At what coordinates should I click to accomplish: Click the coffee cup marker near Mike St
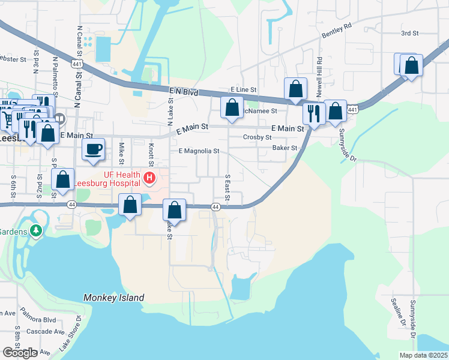pos(93,149)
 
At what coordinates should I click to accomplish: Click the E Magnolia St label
pos(199,151)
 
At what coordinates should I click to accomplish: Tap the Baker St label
pos(285,148)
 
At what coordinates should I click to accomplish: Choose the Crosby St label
pos(258,137)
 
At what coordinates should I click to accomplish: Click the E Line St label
pos(243,89)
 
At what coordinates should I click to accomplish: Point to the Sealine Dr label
pos(396,312)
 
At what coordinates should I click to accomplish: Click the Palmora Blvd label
pos(38,319)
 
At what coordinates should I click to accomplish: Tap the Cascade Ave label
pos(50,332)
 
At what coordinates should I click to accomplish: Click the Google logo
pos(19,353)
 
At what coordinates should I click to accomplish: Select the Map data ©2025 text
pos(423,355)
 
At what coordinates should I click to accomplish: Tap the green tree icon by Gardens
pos(36,230)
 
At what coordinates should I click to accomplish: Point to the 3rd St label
pos(409,33)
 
